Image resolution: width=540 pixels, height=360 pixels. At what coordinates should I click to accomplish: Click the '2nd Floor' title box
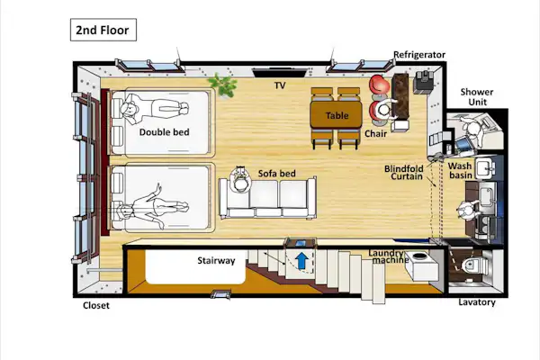tap(103, 30)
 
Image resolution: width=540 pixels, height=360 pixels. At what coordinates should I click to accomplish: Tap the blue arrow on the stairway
tap(302, 260)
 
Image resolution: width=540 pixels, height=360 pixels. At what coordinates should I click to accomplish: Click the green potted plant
tap(222, 85)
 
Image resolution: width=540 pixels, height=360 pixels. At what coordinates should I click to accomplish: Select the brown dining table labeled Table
tap(336, 115)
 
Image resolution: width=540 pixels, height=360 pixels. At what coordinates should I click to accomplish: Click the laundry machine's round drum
tap(419, 256)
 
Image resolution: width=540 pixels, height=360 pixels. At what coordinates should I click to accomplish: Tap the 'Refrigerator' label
tap(419, 55)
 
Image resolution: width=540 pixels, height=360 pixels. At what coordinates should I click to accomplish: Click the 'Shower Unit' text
tap(477, 97)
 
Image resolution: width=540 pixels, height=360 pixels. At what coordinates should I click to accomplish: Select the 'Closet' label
tap(96, 306)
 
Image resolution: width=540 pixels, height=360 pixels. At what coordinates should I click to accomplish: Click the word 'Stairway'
tap(216, 260)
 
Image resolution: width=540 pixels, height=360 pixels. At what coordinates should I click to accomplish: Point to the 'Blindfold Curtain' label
tap(404, 173)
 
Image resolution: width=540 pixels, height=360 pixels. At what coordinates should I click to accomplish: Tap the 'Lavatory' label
tap(477, 302)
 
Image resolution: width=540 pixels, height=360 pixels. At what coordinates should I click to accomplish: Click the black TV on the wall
tap(279, 73)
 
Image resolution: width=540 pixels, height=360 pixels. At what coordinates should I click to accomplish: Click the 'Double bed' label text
tap(165, 132)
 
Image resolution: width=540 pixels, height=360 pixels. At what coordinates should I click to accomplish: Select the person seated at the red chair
tap(383, 110)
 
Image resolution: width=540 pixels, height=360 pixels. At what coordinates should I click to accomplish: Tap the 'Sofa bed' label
tap(277, 174)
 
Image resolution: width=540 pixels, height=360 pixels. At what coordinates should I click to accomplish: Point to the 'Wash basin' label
tap(460, 170)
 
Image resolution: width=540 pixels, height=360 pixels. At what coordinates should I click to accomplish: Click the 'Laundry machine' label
tap(388, 256)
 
